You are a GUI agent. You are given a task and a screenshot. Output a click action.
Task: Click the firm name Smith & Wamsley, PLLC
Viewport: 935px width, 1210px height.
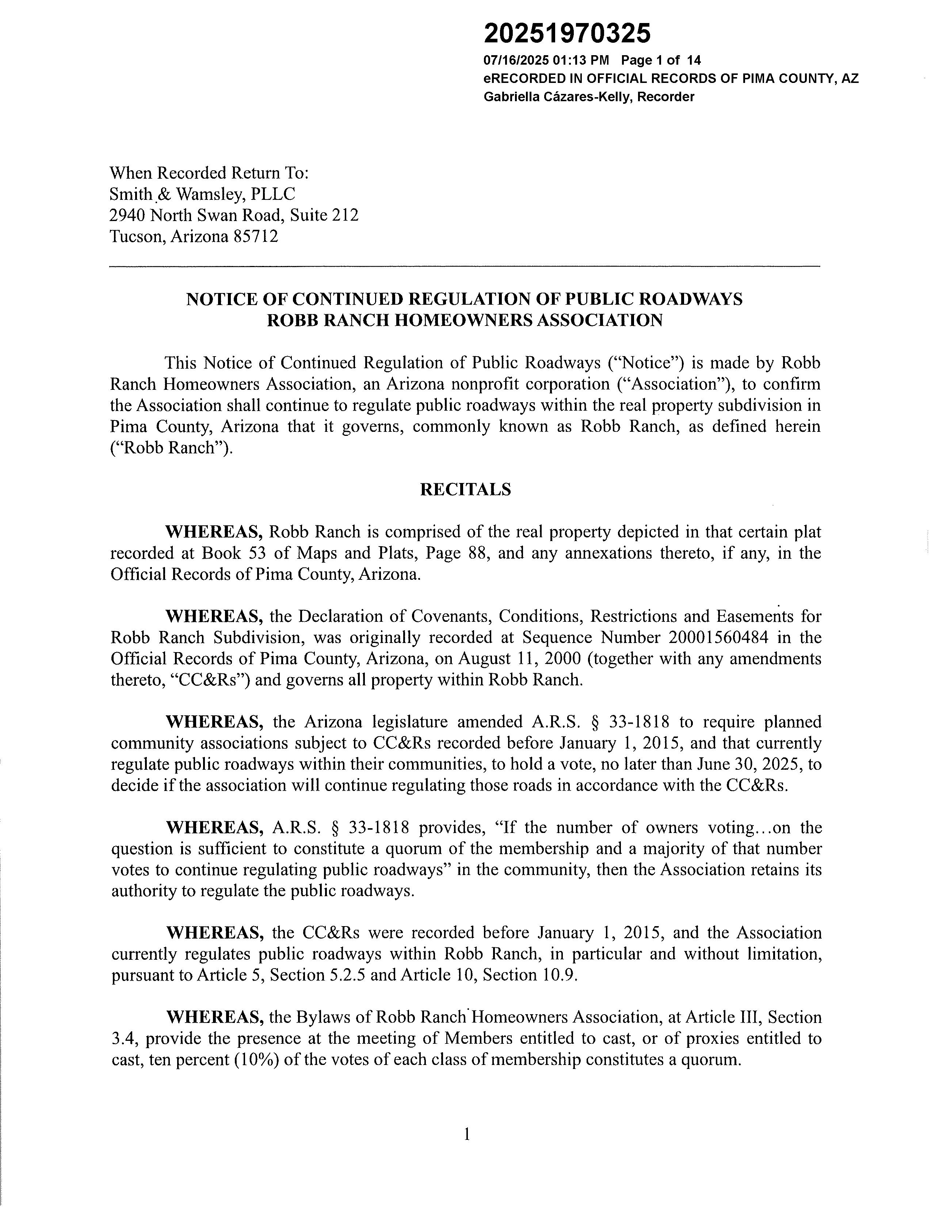(202, 194)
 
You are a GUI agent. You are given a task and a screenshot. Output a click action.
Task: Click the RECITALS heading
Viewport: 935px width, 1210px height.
(465, 490)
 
